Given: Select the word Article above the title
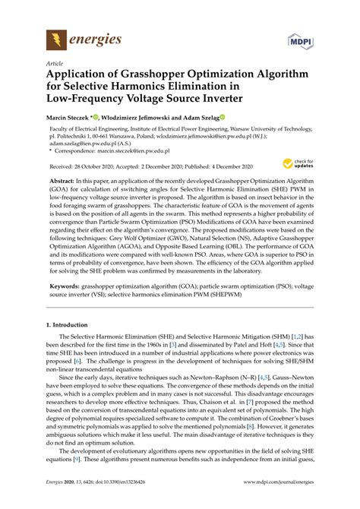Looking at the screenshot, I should [x=55, y=64].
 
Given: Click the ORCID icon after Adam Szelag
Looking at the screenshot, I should [x=223, y=118].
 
